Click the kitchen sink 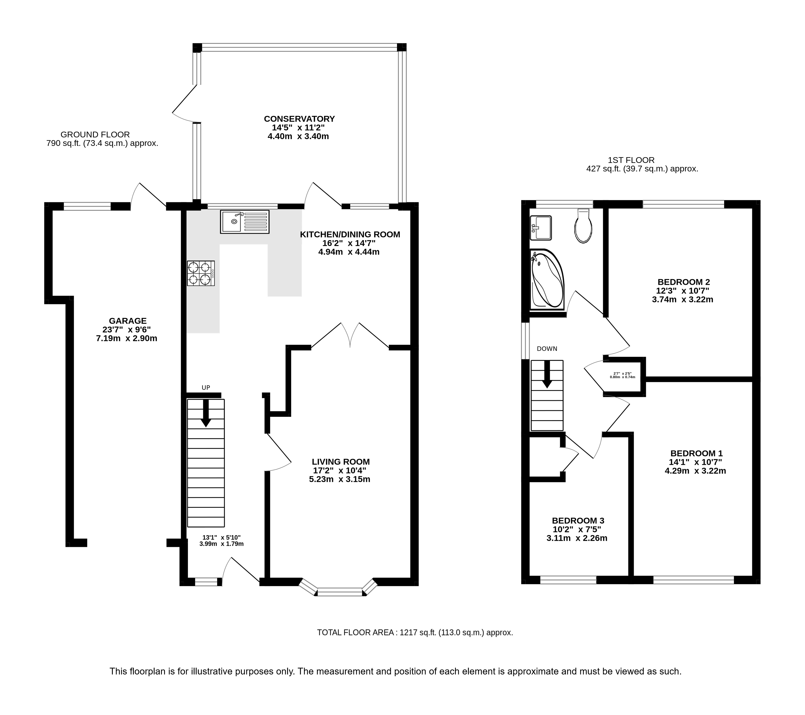click(245, 222)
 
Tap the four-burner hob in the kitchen click(201, 273)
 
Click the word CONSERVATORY click(299, 119)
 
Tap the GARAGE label click(128, 321)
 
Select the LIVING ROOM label click(341, 462)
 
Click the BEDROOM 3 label click(578, 520)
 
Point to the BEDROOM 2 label click(684, 282)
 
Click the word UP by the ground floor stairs click(206, 388)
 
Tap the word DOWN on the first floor click(547, 349)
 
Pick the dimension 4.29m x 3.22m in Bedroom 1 click(695, 471)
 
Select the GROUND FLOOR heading click(95, 135)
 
